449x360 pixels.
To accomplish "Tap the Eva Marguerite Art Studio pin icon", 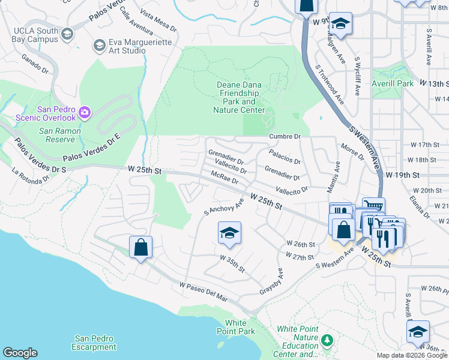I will pyautogui.click(x=99, y=46).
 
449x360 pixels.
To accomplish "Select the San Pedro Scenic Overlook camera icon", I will pyautogui.click(x=85, y=112).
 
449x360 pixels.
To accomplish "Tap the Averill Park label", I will pyautogui.click(x=393, y=83).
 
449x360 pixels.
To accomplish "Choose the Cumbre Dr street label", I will pyautogui.click(x=284, y=136).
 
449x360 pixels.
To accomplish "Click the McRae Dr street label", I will pyautogui.click(x=224, y=178).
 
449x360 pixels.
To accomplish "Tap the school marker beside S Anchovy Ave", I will pyautogui.click(x=229, y=233).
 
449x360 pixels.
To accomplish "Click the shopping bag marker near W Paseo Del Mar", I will pyautogui.click(x=140, y=247).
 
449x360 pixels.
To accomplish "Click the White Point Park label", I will pyautogui.click(x=240, y=327).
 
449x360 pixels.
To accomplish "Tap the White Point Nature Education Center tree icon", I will pyautogui.click(x=327, y=341).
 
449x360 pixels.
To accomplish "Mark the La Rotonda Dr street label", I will pyautogui.click(x=31, y=175).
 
